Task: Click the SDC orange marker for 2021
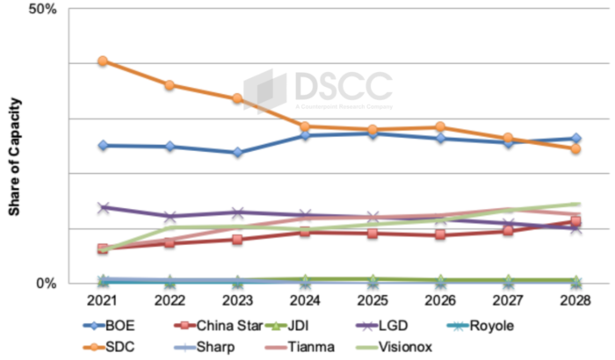click(103, 61)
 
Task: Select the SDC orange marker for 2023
click(237, 98)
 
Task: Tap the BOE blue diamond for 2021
click(103, 145)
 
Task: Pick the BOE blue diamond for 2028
click(575, 138)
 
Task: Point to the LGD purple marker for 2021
click(103, 207)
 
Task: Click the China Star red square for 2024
click(305, 232)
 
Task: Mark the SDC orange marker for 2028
click(575, 149)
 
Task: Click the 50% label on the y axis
click(42, 9)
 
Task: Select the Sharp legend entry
click(217, 347)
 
